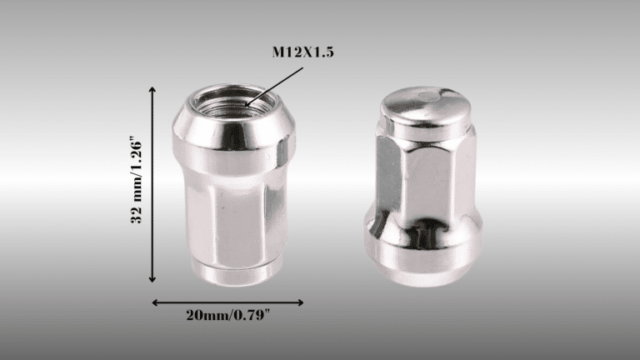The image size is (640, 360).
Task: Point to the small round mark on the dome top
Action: click(429, 95)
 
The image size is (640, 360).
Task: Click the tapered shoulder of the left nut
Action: click(227, 137)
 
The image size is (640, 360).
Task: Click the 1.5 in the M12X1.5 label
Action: click(323, 52)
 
